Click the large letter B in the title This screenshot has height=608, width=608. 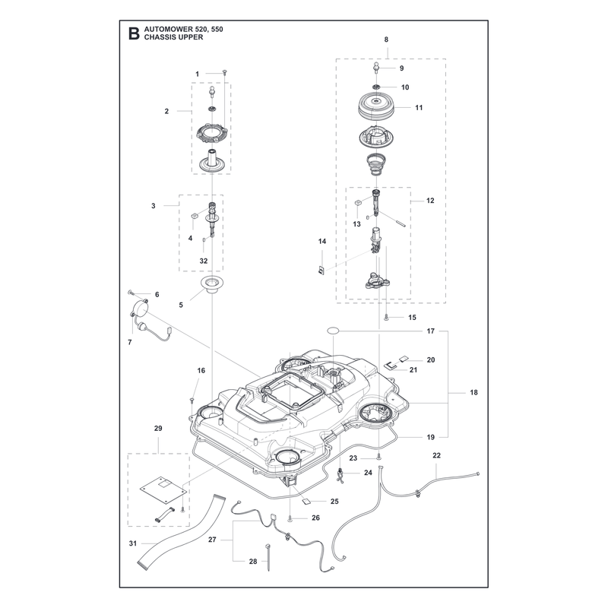point(134,33)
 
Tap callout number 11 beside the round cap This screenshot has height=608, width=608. point(419,107)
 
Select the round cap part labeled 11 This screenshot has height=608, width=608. point(376,106)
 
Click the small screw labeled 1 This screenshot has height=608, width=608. point(224,71)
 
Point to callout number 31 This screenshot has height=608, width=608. point(132,543)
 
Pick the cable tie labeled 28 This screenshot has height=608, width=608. point(268,558)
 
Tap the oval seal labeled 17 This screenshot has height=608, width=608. point(333,331)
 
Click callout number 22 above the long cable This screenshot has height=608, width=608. point(436,455)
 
